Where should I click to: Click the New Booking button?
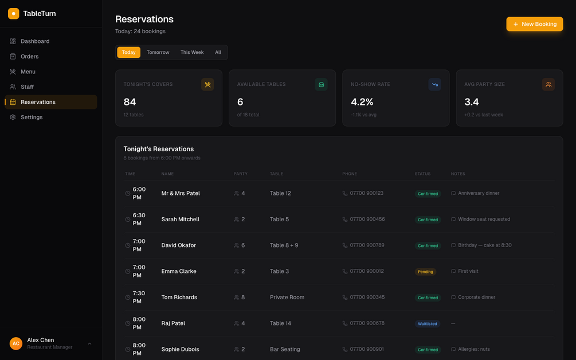click(534, 24)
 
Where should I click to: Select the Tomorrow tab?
click(158, 52)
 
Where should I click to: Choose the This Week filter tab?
click(192, 52)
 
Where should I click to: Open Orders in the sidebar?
click(30, 56)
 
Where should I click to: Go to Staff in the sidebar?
click(28, 87)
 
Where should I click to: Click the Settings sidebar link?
click(32, 117)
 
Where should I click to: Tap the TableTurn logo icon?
click(14, 13)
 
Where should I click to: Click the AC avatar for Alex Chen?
click(16, 343)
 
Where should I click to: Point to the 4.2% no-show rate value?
click(362, 102)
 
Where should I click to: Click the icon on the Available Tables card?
click(321, 85)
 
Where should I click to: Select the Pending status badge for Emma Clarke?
click(425, 272)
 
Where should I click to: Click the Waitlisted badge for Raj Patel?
click(428, 324)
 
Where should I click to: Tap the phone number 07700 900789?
click(367, 245)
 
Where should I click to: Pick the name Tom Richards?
click(179, 298)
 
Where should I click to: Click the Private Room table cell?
click(287, 298)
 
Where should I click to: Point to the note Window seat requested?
click(484, 220)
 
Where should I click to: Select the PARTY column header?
click(241, 174)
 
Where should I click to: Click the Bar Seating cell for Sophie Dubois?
click(285, 350)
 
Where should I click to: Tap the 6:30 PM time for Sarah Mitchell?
click(139, 220)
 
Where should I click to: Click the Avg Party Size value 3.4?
click(472, 102)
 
